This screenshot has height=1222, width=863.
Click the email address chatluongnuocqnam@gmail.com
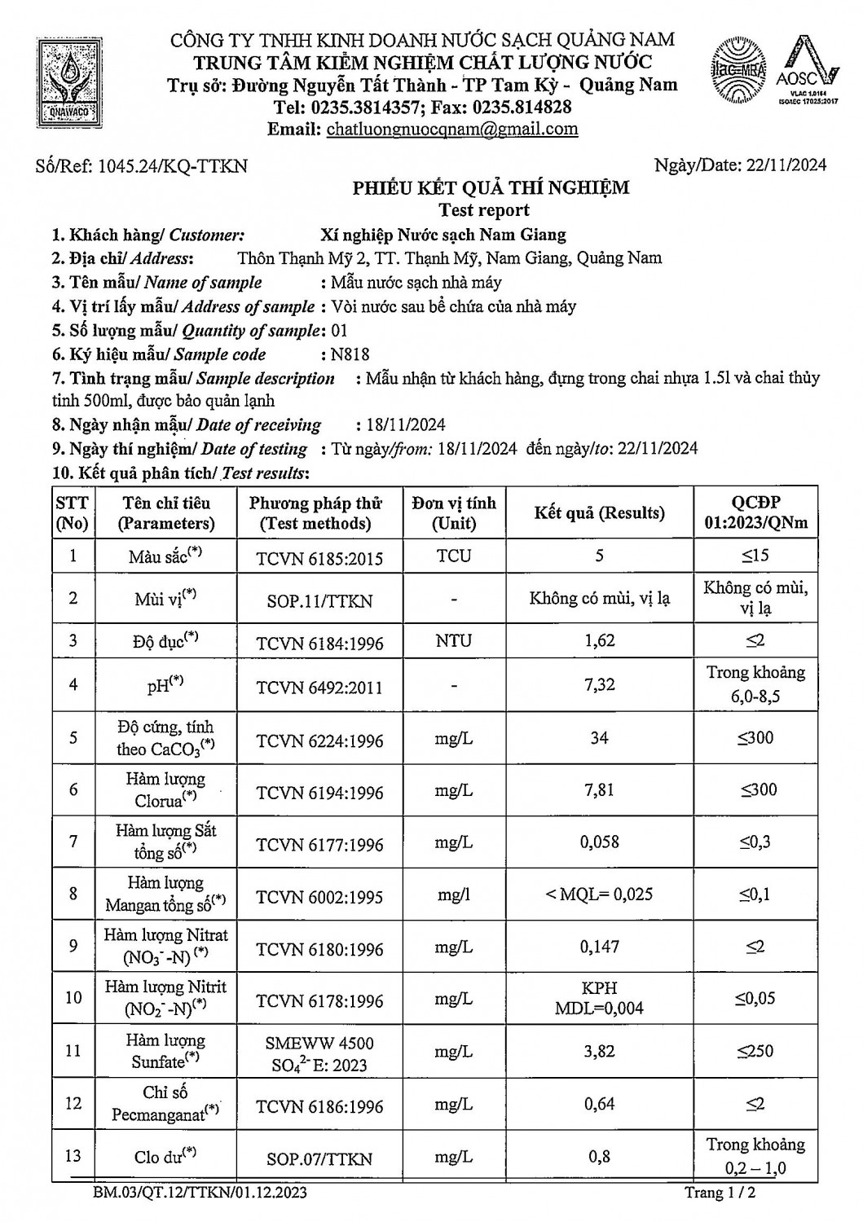[451, 129]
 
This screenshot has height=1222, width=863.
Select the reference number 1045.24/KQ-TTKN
[172, 167]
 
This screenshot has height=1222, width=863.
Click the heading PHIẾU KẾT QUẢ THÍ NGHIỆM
[491, 188]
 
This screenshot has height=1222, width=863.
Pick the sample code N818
[350, 354]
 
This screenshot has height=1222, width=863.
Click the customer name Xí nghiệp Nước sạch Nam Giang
[443, 235]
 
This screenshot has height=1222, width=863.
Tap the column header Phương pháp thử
[315, 513]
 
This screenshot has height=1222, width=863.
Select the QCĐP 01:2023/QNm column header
[755, 513]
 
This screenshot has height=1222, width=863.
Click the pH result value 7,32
[600, 684]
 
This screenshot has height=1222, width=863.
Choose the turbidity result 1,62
[600, 640]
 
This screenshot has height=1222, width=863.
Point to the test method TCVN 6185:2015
[319, 558]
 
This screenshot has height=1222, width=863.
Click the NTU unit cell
[453, 640]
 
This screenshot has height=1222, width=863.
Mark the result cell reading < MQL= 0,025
[599, 895]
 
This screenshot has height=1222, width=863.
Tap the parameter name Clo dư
[165, 1158]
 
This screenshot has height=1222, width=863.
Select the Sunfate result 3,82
[599, 1051]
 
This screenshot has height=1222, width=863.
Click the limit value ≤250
[755, 1051]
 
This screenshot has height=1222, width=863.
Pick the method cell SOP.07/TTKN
[319, 1158]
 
